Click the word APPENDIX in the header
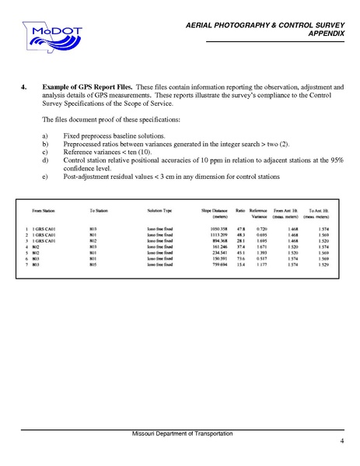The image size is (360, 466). coord(327,35)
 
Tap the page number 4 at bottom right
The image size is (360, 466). coord(341,442)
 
